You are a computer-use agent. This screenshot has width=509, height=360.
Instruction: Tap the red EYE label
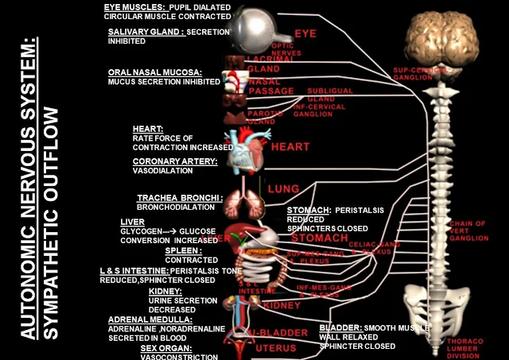tap(305, 34)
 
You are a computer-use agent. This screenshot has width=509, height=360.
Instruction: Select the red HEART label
tap(290, 147)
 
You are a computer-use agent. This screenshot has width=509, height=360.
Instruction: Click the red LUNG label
tap(282, 189)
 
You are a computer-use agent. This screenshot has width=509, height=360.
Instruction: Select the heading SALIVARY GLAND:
tap(146, 32)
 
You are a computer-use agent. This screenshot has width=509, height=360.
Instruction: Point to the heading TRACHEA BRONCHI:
tap(173, 198)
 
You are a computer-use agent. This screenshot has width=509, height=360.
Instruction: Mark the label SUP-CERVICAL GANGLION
tap(414, 73)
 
